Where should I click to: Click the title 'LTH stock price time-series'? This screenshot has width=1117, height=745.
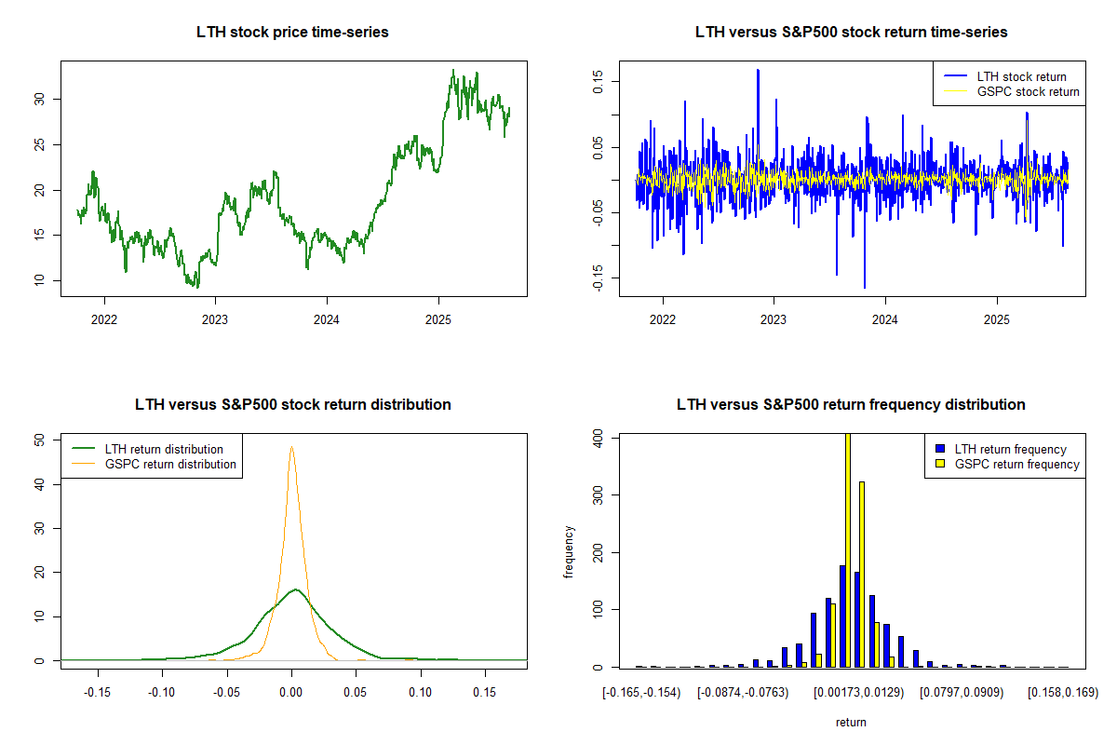pyautogui.click(x=292, y=33)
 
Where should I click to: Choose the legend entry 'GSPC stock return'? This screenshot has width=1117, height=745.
pyautogui.click(x=1028, y=91)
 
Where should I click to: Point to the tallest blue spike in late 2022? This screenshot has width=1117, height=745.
pyautogui.click(x=758, y=71)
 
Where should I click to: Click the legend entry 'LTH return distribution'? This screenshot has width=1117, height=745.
pyautogui.click(x=164, y=449)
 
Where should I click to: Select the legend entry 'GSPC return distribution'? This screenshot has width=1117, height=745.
pyautogui.click(x=170, y=464)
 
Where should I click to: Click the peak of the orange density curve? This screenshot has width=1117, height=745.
pyautogui.click(x=291, y=447)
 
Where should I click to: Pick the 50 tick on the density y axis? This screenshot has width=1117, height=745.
pyautogui.click(x=38, y=440)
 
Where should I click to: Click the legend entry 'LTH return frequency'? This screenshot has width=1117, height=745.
pyautogui.click(x=1023, y=449)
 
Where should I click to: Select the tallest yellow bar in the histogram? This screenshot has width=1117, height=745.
pyautogui.click(x=847, y=549)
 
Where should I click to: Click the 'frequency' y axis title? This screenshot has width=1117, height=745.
pyautogui.click(x=569, y=551)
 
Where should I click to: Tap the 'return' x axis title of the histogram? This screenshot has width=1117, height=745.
pyautogui.click(x=851, y=722)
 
